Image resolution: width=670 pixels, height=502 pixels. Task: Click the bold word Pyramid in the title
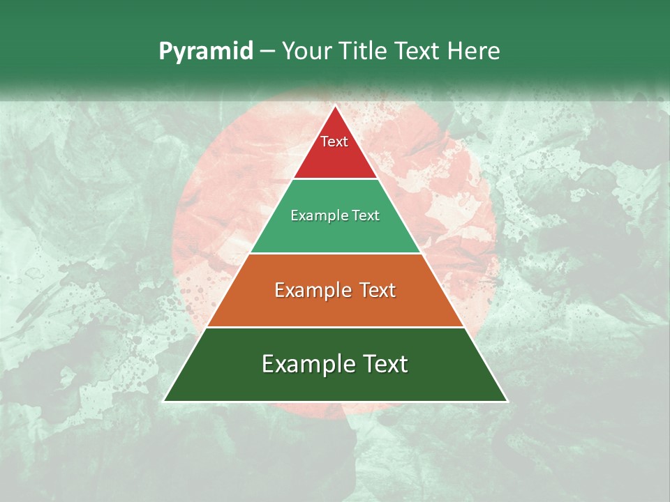pyautogui.click(x=206, y=52)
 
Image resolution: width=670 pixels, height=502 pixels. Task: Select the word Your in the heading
pyautogui.click(x=305, y=52)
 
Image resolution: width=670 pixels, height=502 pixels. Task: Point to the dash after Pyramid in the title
pyautogui.click(x=267, y=52)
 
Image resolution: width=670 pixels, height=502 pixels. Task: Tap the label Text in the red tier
pyautogui.click(x=334, y=142)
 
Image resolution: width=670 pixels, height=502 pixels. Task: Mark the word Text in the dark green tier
pyautogui.click(x=383, y=364)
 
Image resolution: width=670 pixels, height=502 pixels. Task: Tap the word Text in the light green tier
pyautogui.click(x=364, y=216)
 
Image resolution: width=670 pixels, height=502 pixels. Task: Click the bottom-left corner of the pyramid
pyautogui.click(x=165, y=401)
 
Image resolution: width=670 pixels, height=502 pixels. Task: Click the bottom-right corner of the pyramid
pyautogui.click(x=507, y=401)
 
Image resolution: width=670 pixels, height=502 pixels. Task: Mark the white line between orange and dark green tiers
pyautogui.click(x=335, y=327)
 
